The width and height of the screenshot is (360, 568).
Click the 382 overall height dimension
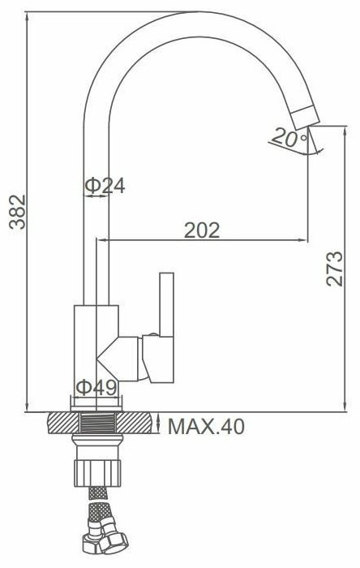point(17,212)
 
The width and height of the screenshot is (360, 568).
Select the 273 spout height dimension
point(334,269)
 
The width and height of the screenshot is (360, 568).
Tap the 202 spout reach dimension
point(202,230)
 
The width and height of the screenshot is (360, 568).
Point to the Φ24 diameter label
point(105,186)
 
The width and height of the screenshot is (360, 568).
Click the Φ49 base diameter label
point(96,388)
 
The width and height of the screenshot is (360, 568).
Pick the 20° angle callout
point(289,138)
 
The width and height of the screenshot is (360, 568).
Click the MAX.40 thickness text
point(206,427)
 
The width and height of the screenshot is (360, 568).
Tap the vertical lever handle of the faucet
point(167,304)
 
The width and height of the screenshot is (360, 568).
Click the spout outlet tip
point(306,118)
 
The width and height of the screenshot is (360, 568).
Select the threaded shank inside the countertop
point(97,423)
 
